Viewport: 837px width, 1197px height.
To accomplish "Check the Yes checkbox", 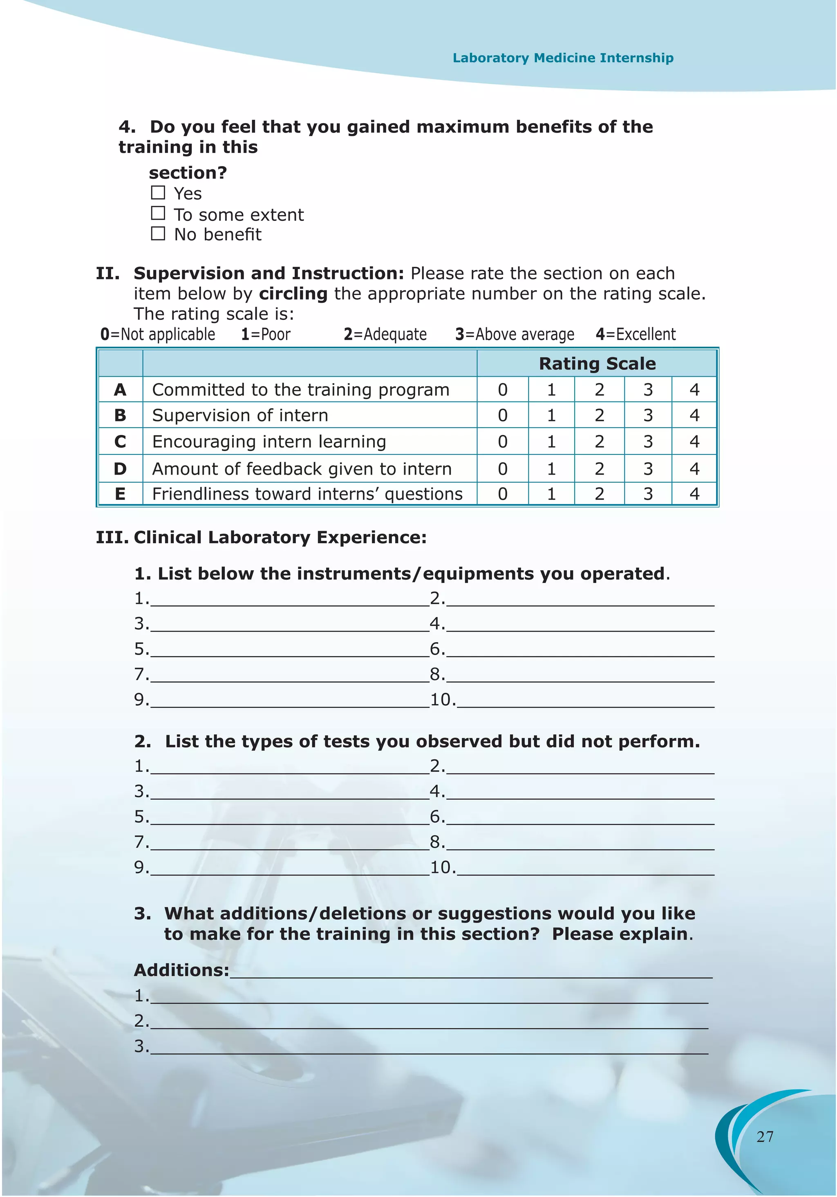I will click(x=158, y=193).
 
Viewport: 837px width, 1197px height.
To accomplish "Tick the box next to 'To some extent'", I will click(x=158, y=213).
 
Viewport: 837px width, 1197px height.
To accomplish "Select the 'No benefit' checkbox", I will click(x=158, y=234).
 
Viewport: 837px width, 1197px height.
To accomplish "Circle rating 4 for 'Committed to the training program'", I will click(x=694, y=389).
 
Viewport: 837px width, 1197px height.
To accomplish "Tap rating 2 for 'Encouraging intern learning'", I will click(x=599, y=441).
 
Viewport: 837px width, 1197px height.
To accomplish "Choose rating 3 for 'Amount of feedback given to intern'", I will click(x=647, y=469).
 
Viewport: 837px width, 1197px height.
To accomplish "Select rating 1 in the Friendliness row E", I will click(x=551, y=494).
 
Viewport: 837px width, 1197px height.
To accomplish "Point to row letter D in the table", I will click(x=120, y=469).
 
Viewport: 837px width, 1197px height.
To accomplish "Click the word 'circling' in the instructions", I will click(x=293, y=293).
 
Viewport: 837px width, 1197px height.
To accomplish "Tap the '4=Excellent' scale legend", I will click(x=636, y=334).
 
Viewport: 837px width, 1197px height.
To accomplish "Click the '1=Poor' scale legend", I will click(x=266, y=334).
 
